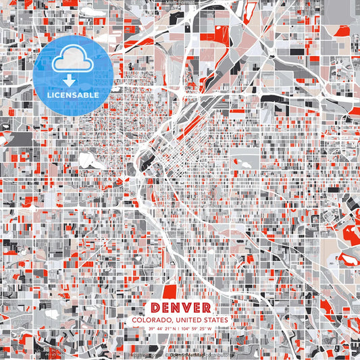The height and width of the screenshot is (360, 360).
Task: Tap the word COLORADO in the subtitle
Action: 151,319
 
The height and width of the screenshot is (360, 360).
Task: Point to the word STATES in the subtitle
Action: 216,319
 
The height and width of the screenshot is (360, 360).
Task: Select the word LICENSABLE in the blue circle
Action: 72,95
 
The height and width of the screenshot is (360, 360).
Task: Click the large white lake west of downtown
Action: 88,161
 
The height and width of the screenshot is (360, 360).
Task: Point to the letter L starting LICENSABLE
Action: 49,95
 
